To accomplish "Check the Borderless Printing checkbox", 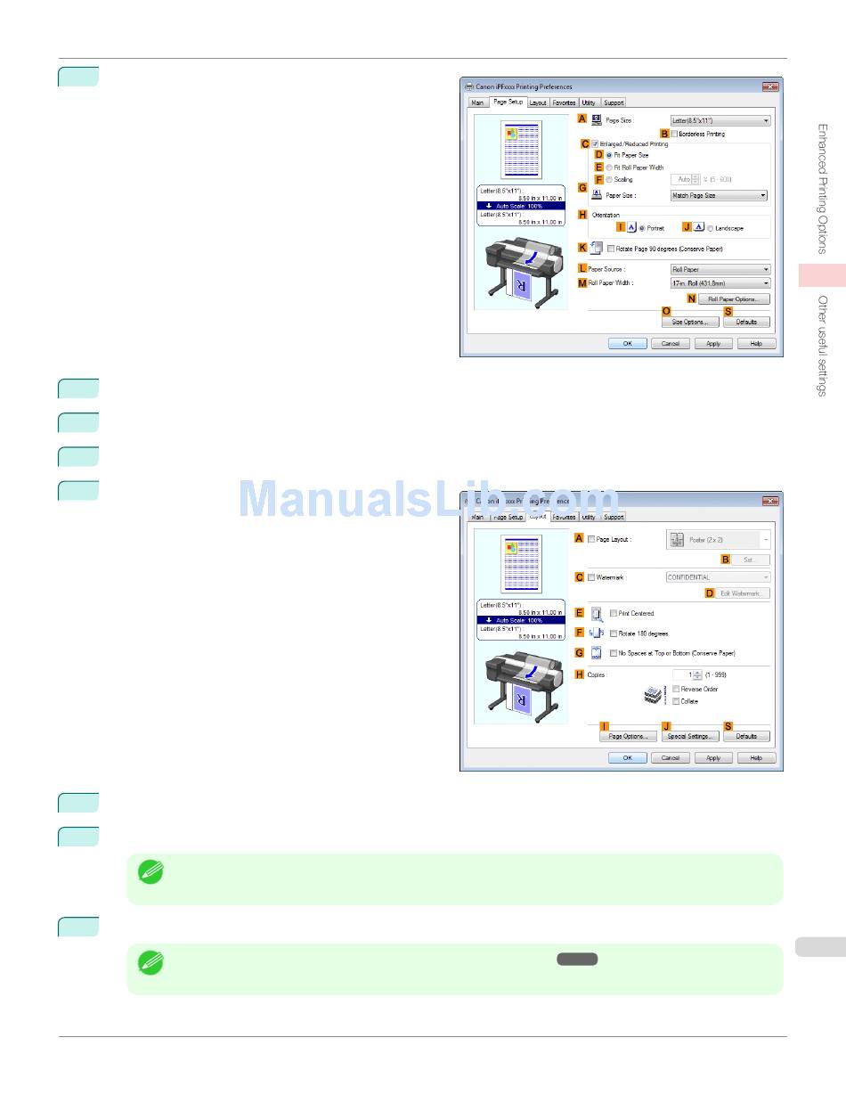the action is point(675,134).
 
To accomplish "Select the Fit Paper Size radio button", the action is point(609,155).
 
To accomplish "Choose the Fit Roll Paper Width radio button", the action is point(609,168).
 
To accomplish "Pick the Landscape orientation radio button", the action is point(711,228).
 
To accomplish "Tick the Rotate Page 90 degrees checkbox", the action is point(611,249).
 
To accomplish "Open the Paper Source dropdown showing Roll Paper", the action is point(720,269).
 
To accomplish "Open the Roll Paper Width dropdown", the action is point(720,282).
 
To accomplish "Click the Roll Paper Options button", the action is point(733,299).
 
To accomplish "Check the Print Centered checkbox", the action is point(614,613).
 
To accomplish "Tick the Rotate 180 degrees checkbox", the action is point(614,633).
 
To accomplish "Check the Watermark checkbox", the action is point(591,577).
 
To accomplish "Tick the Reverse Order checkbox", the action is point(677,689).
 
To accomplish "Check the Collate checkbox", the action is point(677,701).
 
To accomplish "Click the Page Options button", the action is point(628,736).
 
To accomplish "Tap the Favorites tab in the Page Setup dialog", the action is point(564,102).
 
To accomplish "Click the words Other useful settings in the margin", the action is point(823,346).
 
